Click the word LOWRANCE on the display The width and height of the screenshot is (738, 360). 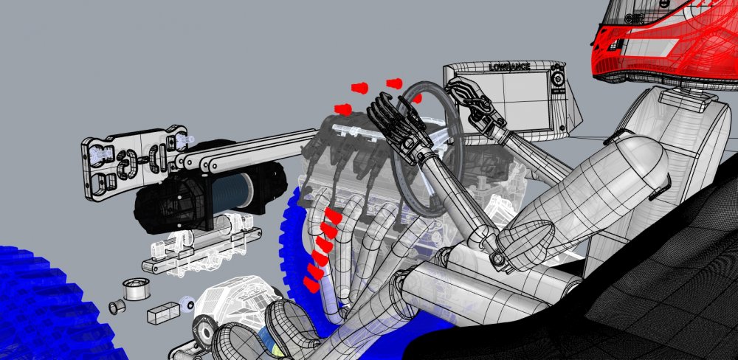click(510, 67)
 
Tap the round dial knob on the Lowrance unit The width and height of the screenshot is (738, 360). click(558, 79)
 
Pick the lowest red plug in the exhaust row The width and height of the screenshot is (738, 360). click(310, 284)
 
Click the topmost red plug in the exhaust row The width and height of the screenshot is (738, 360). click(333, 216)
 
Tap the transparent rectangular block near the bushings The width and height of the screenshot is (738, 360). click(163, 313)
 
